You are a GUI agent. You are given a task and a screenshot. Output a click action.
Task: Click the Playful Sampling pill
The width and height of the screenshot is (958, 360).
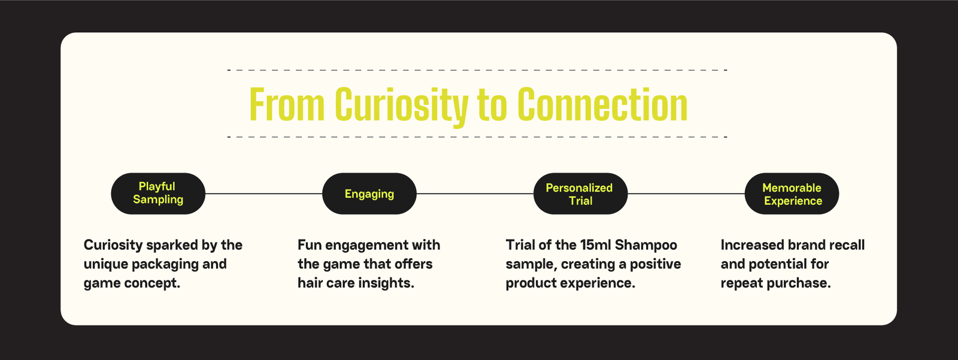158,193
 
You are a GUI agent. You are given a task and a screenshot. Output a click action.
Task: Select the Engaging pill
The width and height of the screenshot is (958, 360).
369,193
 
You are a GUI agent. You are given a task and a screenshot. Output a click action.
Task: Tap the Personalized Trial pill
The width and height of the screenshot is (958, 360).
580,193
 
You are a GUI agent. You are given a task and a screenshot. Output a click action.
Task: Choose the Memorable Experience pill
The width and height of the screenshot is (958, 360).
792,193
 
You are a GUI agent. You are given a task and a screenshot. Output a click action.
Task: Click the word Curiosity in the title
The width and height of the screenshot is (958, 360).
402,105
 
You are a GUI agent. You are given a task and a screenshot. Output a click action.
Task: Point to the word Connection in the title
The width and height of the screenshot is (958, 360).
602,104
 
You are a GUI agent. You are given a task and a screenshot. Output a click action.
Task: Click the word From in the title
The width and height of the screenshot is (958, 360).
287,104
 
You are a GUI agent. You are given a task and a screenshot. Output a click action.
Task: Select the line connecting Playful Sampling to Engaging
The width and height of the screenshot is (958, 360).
264,193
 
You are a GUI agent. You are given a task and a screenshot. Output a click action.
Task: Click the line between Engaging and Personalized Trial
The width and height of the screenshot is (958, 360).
475,193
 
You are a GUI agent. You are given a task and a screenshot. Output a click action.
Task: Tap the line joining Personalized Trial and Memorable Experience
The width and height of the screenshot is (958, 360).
686,193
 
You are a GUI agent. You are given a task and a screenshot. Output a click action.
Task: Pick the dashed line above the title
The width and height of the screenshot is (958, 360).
477,69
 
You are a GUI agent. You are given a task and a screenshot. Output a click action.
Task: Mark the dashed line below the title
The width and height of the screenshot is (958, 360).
477,137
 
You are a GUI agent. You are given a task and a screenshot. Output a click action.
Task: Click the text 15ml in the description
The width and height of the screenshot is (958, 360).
595,245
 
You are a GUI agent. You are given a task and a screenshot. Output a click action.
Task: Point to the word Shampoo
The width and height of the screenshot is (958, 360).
646,246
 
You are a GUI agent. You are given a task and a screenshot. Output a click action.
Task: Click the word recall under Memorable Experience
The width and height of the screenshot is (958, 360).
847,245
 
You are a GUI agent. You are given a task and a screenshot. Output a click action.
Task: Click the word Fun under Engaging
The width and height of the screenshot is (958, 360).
309,245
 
